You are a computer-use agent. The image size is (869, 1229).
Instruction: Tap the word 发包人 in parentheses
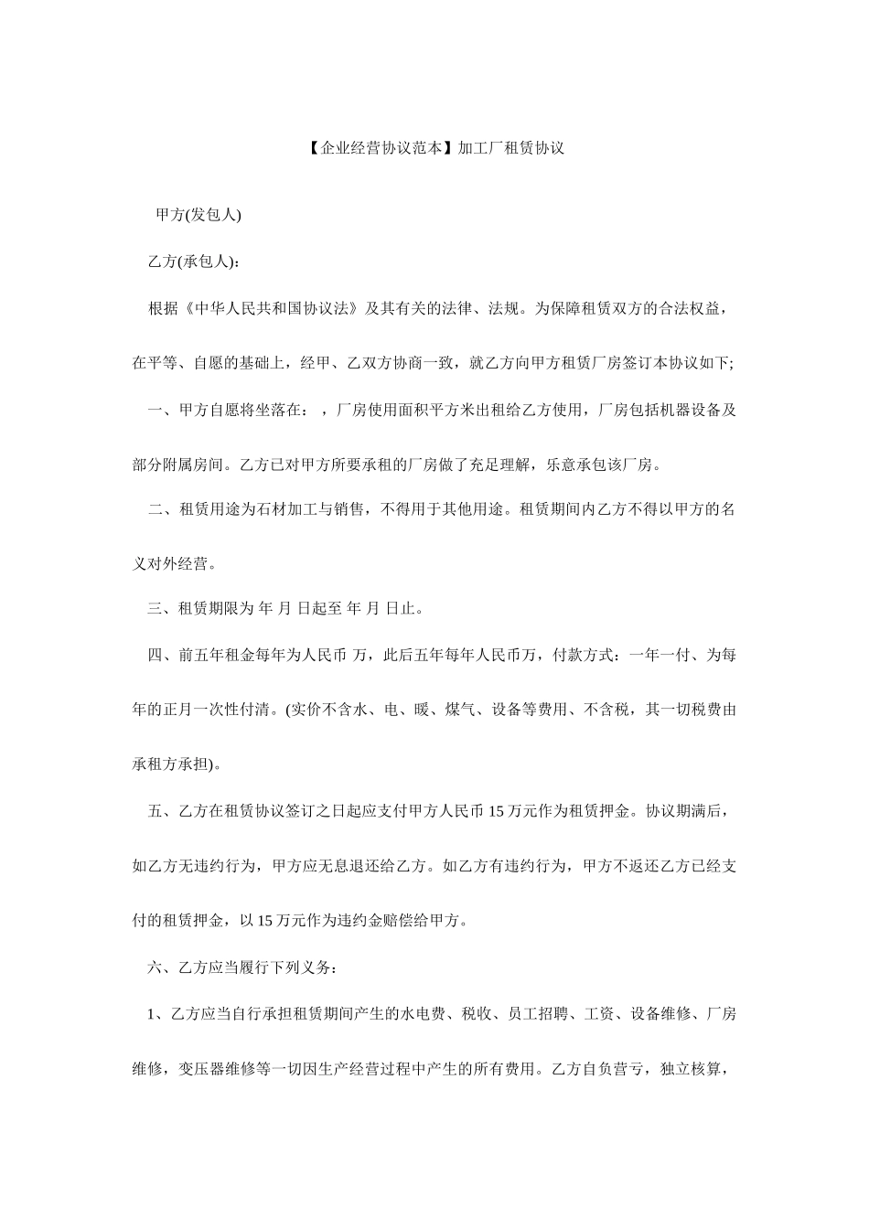click(213, 215)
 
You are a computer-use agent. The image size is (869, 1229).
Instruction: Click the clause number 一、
click(164, 410)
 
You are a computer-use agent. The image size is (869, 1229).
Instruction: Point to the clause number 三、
click(164, 608)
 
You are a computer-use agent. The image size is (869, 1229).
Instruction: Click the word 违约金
click(338, 920)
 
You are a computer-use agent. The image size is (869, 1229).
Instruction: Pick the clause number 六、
click(164, 967)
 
